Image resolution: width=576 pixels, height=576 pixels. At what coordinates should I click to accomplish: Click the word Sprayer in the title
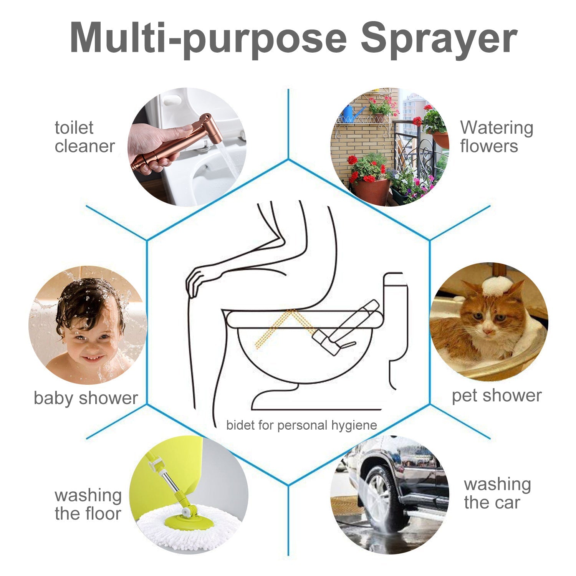(x=439, y=39)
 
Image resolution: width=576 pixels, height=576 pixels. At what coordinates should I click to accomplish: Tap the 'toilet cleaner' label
(x=84, y=137)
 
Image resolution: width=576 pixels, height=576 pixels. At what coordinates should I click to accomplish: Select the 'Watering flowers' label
(x=497, y=137)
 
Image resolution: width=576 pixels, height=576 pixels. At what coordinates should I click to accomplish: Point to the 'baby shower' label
(x=86, y=398)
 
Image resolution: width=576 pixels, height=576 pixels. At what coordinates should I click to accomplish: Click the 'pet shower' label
(x=497, y=396)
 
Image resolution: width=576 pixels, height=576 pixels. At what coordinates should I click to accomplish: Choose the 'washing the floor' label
(x=88, y=504)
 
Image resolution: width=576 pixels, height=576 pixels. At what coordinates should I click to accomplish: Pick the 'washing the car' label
(x=497, y=493)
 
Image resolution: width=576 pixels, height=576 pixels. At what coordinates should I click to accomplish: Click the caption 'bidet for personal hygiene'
(x=301, y=425)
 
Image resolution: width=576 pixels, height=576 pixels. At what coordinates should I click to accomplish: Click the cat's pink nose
(x=488, y=331)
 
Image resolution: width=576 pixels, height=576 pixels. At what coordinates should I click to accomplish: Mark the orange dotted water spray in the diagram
(x=276, y=326)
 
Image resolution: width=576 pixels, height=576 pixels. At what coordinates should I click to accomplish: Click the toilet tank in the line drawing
(x=396, y=307)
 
